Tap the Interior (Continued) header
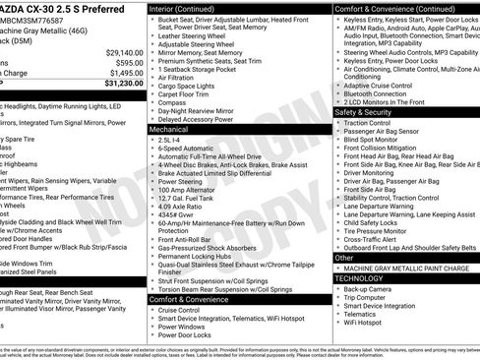pyautogui.click(x=189, y=7)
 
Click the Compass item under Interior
pyautogui.click(x=171, y=101)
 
